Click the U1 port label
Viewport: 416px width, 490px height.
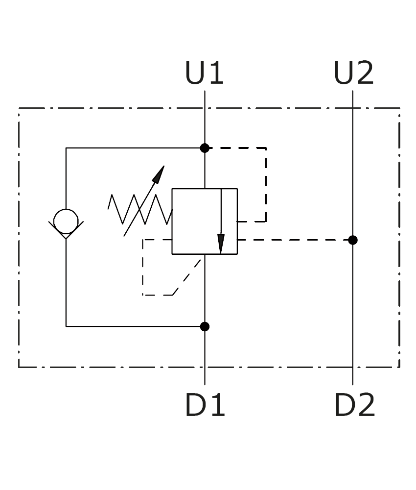click(x=205, y=73)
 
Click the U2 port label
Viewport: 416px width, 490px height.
click(x=353, y=73)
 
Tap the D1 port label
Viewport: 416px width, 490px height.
click(x=205, y=405)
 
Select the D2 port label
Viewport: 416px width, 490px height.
click(x=354, y=405)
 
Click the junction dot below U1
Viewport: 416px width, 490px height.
click(x=205, y=148)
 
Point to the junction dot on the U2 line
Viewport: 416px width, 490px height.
click(x=353, y=240)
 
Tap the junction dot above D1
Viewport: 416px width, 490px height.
click(x=205, y=326)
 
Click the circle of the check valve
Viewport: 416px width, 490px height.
click(x=66, y=209)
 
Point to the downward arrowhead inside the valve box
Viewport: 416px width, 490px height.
click(x=221, y=244)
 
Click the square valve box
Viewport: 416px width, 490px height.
click(x=172, y=221)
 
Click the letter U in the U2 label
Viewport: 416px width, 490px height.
click(x=343, y=73)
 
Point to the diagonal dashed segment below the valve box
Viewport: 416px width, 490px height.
click(x=186, y=277)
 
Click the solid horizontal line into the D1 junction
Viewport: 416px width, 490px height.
click(x=135, y=326)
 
